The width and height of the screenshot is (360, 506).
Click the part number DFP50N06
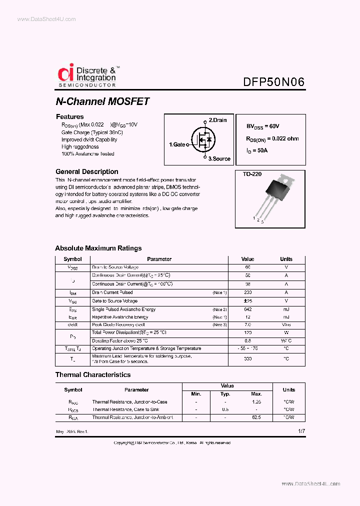(x=273, y=82)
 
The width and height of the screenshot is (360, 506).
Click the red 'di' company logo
(x=65, y=73)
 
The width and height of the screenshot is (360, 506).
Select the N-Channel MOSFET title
(x=102, y=101)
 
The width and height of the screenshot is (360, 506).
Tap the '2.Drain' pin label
(x=217, y=120)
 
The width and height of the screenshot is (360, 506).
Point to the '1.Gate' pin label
(x=177, y=144)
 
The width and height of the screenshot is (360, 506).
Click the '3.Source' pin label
(x=219, y=158)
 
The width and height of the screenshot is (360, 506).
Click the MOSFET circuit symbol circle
(x=202, y=140)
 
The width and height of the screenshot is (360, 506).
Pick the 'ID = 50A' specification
(x=257, y=150)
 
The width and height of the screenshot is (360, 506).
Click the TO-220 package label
(x=252, y=174)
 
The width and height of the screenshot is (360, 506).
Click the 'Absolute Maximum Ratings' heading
(x=98, y=248)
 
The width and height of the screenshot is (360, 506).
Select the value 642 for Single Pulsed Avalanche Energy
(x=247, y=309)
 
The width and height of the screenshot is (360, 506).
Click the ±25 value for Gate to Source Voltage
(x=247, y=301)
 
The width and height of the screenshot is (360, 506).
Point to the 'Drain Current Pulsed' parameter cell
(x=112, y=292)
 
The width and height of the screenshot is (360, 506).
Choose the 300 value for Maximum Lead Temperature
(x=247, y=359)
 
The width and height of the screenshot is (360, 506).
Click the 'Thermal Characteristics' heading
(x=92, y=374)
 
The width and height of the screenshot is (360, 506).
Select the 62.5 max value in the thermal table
(x=256, y=417)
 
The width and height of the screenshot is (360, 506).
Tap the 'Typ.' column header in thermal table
(x=225, y=394)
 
